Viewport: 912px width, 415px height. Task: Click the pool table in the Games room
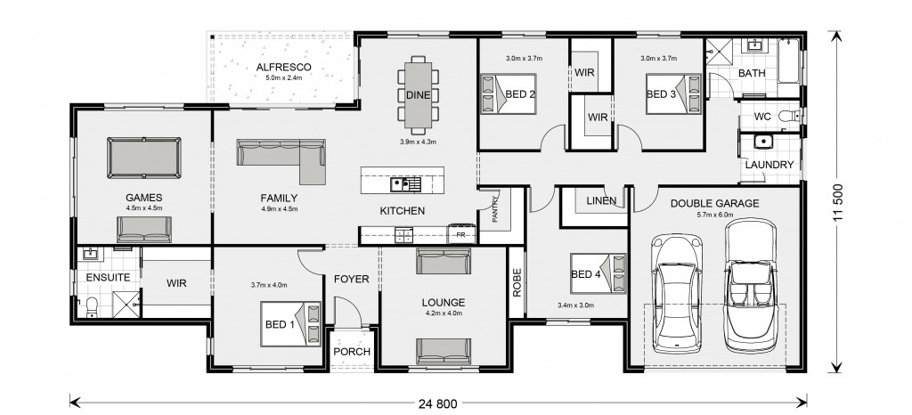144,158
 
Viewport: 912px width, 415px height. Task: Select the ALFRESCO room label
284,68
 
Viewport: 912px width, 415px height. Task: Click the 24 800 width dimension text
437,403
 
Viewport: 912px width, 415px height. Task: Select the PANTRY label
495,208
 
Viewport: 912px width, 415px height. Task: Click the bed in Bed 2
509,94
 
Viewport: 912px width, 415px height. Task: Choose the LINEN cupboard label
601,201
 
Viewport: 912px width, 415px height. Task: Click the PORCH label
352,352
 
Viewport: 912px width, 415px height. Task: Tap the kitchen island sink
405,185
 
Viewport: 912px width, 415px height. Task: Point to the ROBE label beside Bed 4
517,282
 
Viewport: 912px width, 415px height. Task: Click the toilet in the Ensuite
91,307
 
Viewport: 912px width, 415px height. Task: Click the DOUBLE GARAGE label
715,203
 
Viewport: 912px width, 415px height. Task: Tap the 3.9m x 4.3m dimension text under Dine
418,142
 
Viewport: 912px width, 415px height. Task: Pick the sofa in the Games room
144,230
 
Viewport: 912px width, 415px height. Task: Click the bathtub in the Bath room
789,61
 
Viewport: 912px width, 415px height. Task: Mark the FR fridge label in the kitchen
460,235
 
